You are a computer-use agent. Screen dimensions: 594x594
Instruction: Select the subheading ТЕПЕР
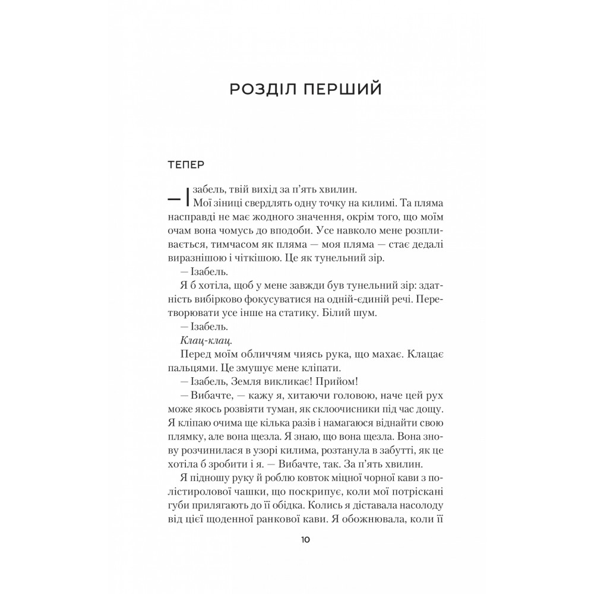187,165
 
